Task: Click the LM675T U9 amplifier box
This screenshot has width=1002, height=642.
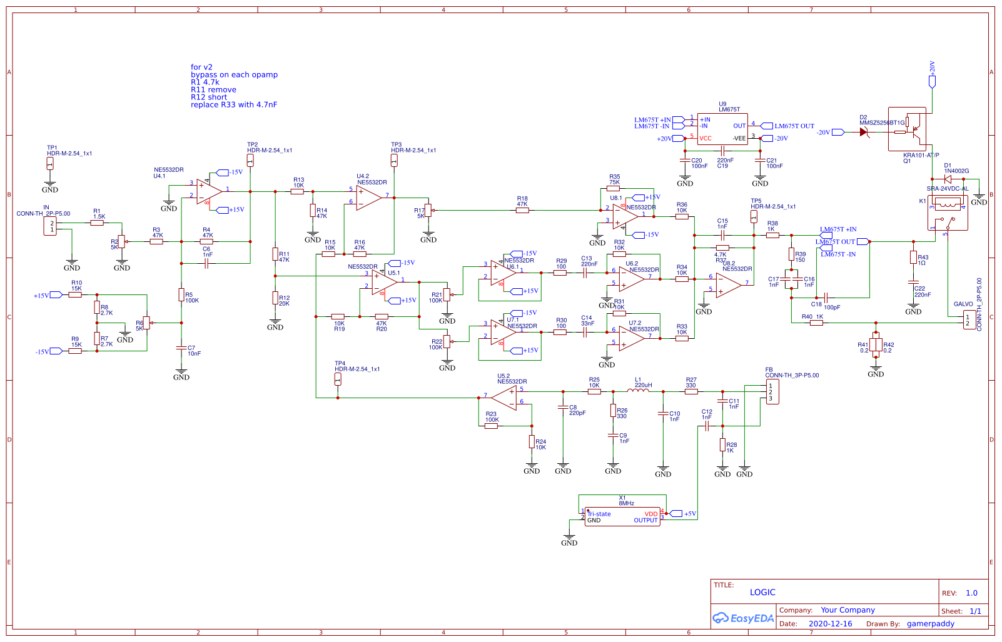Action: point(722,129)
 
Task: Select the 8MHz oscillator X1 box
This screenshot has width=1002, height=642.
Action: point(622,516)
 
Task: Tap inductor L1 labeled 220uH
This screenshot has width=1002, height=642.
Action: point(639,391)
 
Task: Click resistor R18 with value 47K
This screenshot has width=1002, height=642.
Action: point(522,210)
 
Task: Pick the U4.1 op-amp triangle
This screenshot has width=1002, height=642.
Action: point(209,191)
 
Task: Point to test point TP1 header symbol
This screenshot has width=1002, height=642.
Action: point(50,164)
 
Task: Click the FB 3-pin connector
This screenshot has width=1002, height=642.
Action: point(772,392)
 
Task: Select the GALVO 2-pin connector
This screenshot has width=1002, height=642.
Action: point(969,320)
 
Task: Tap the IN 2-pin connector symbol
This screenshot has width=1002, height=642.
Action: point(50,226)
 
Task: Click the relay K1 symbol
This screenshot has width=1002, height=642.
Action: point(948,213)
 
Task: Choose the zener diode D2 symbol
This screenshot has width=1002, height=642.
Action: point(864,132)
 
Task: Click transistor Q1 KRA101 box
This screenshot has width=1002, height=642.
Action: point(908,129)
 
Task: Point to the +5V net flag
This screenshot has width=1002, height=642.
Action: point(682,513)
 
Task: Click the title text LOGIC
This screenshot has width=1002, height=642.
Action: point(762,592)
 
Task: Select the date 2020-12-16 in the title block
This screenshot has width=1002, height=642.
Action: point(830,623)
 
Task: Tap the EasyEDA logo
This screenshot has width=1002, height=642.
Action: point(743,618)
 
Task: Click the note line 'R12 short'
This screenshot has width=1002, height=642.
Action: point(209,97)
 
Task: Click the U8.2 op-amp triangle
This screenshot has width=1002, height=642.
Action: point(728,285)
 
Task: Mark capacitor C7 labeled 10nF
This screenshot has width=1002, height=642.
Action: point(181,348)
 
